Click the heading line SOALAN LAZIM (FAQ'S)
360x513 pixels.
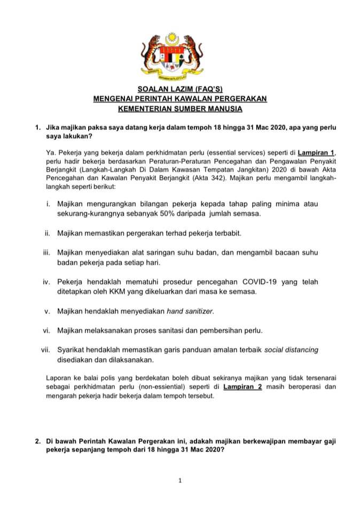(x=180, y=90)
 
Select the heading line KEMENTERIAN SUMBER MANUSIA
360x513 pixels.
(x=180, y=109)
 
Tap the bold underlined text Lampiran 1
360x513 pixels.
(x=317, y=152)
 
